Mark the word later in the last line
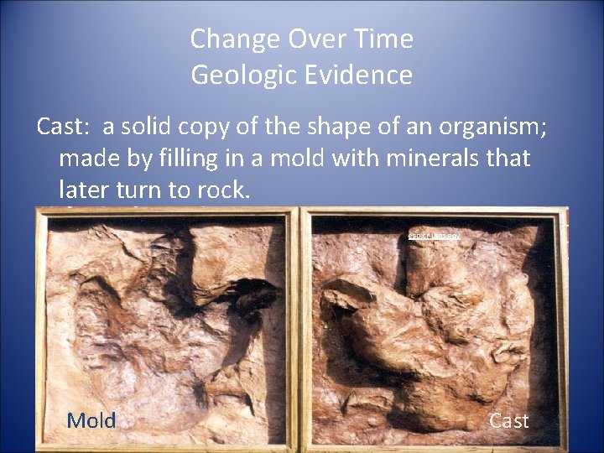click(x=84, y=190)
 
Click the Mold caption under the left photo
click(x=91, y=420)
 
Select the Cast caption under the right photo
click(x=508, y=420)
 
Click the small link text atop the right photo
click(x=434, y=237)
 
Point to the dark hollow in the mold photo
click(x=252, y=294)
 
